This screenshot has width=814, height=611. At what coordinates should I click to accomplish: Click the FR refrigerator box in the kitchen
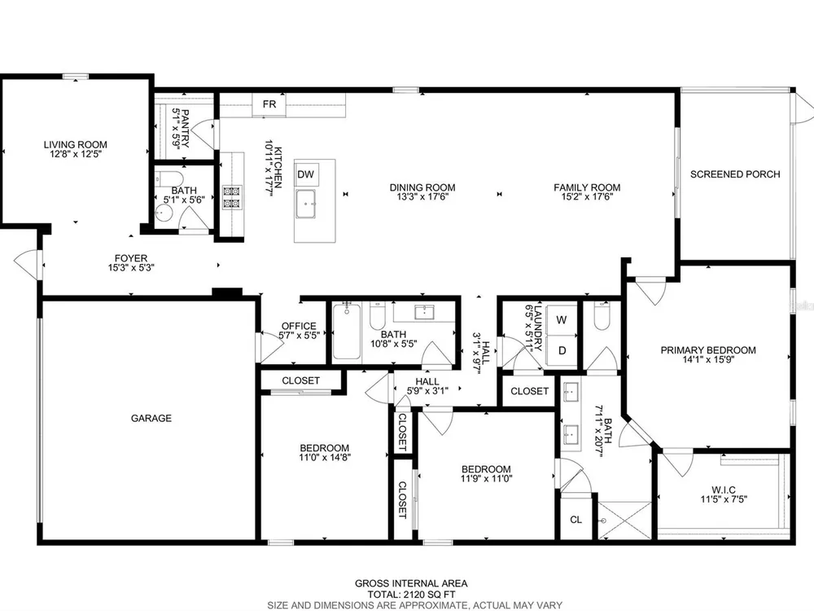[x=269, y=104]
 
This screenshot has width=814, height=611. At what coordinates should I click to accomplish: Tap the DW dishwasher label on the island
[x=306, y=174]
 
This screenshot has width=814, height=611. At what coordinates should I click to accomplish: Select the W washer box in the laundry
[x=561, y=319]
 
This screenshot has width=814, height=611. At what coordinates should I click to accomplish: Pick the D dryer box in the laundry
[x=561, y=350]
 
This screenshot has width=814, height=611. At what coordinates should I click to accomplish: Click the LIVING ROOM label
[x=75, y=145]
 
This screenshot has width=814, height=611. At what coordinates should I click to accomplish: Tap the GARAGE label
[x=151, y=418]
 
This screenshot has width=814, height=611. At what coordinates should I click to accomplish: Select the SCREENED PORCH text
[x=735, y=174]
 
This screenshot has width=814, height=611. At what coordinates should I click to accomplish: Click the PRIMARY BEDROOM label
[x=708, y=350]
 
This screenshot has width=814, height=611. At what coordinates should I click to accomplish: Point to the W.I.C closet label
[x=724, y=490]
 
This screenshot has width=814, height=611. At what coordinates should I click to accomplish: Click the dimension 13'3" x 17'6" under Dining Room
[x=422, y=197]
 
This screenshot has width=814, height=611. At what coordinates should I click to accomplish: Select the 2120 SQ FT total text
[x=411, y=595]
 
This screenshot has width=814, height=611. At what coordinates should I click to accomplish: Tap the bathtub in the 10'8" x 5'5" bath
[x=346, y=332]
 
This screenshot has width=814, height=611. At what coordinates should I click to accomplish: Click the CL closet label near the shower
[x=575, y=520]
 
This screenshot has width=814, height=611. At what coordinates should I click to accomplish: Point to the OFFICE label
[x=299, y=327]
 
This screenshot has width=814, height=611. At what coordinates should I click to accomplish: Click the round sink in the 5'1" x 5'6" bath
[x=164, y=213]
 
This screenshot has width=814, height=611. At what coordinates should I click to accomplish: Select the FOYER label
[x=131, y=258]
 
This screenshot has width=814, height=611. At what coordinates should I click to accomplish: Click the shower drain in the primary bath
[x=604, y=521]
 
